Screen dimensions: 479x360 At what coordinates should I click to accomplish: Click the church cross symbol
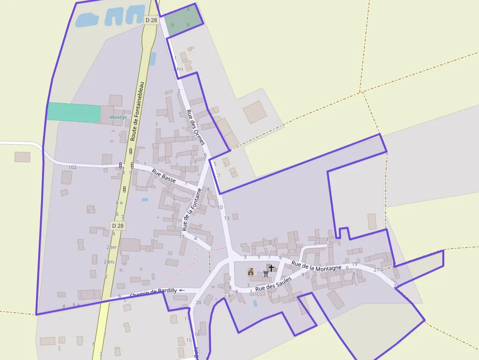tap(271, 268)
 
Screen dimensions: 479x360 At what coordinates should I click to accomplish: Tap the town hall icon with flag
tap(251, 272)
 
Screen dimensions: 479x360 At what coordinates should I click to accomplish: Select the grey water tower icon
tap(265, 274)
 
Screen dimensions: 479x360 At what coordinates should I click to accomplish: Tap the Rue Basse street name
tap(164, 176)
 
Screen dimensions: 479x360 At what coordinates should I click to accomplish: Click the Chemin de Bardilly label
tap(153, 293)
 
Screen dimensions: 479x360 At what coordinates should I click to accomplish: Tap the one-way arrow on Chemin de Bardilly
tap(182, 290)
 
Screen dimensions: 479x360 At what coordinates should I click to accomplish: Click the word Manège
tap(118, 117)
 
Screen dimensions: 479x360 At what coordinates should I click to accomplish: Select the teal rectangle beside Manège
tap(74, 112)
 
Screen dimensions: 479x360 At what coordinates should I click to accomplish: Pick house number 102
tap(72, 167)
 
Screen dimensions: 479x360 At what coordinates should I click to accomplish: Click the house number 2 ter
tap(112, 247)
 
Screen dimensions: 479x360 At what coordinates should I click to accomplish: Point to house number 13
tap(226, 218)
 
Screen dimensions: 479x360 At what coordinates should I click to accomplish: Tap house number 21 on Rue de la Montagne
tap(376, 270)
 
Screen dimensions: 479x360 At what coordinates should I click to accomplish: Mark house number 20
tap(198, 302)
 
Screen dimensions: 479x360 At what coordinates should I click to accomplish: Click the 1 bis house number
tap(178, 69)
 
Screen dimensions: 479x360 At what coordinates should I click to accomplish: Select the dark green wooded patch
tap(182, 20)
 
